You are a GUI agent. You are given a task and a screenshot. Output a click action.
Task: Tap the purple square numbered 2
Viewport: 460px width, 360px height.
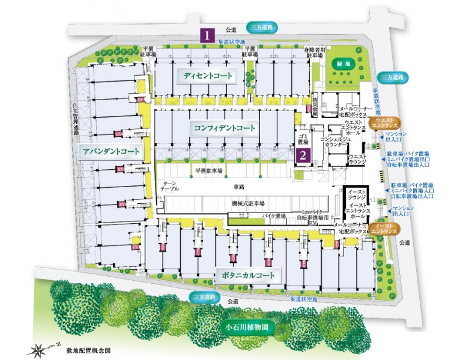coord(304,155)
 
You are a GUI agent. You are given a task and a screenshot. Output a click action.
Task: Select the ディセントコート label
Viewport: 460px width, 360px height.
coord(207,76)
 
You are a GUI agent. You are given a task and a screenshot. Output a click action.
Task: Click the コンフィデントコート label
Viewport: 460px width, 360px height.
coord(225,128)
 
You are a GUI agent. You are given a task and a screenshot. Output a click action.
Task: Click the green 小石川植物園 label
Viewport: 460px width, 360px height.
coord(247,328)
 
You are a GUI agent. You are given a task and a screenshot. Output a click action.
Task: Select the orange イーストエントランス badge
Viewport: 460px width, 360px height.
coord(384,228)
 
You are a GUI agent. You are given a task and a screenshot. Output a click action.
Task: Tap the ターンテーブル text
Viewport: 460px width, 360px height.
coord(168,185)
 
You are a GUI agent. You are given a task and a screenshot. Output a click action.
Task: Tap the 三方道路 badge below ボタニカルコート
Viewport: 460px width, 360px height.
coord(203,296)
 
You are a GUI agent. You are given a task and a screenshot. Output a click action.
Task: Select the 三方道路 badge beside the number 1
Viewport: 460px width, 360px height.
coord(262,27)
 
